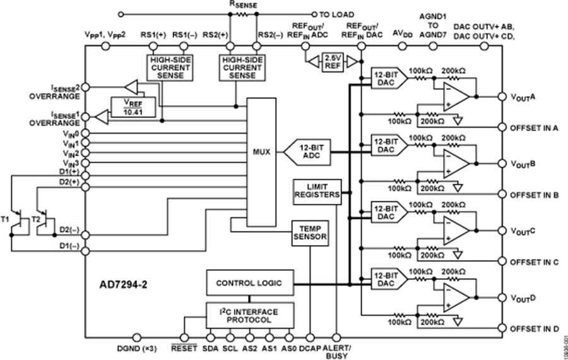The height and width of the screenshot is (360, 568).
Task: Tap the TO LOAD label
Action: coord(337,14)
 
